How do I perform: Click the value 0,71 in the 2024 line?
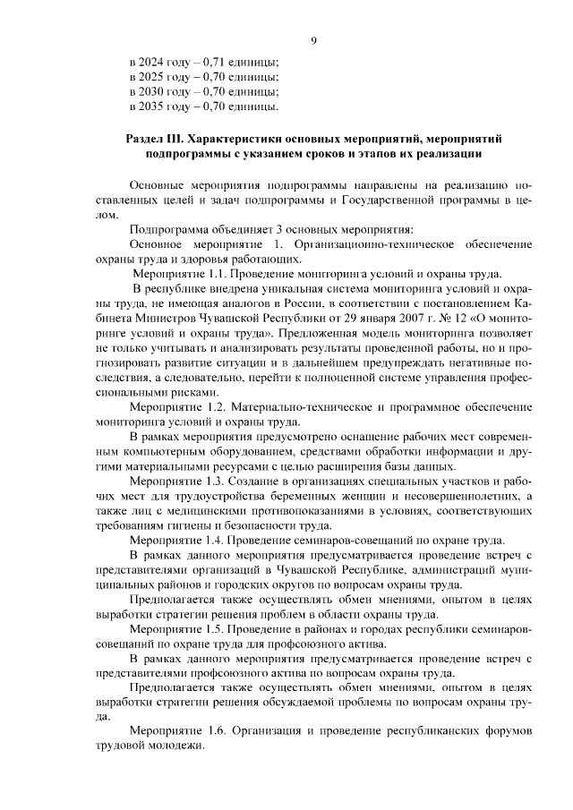click(x=215, y=62)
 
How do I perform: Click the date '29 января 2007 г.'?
click(x=371, y=318)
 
